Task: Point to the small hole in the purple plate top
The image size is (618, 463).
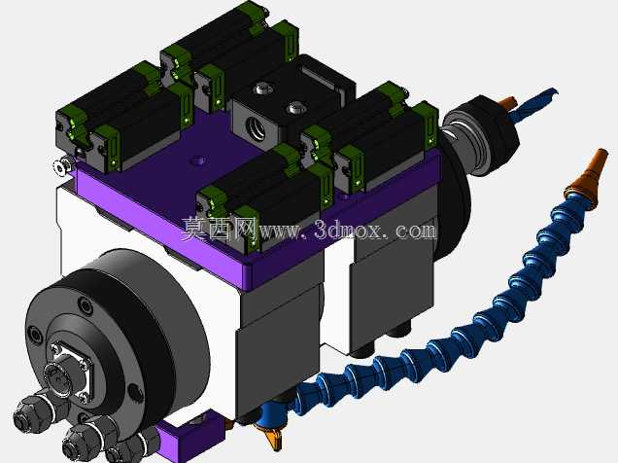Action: pyautogui.click(x=198, y=160)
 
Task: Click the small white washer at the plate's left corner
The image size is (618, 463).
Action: pyautogui.click(x=62, y=166)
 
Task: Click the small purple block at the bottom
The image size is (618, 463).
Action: pyautogui.click(x=192, y=433)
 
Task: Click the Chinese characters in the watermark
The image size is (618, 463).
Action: pyautogui.click(x=219, y=229)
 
